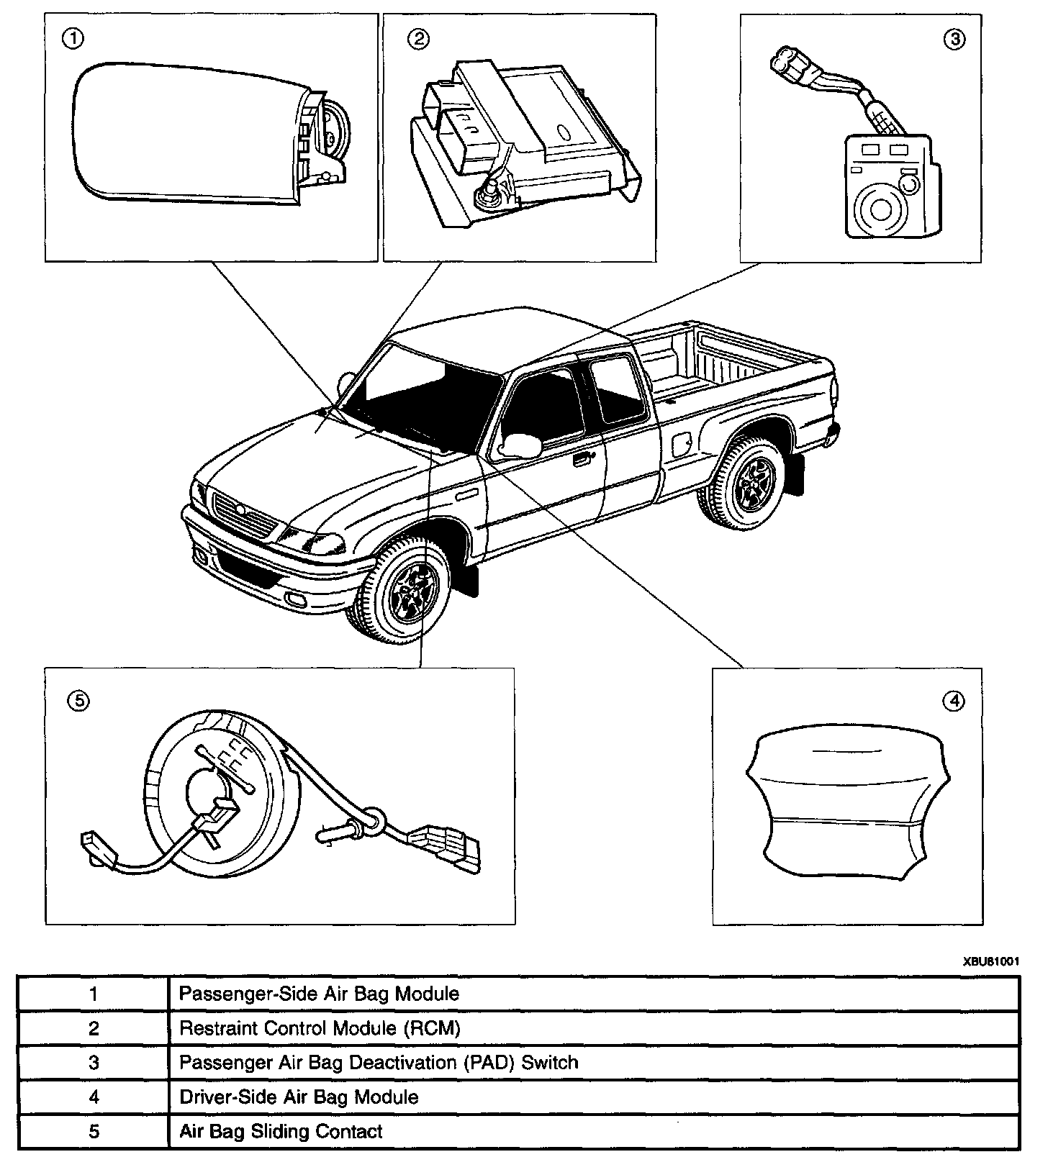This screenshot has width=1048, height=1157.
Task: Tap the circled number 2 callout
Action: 417,40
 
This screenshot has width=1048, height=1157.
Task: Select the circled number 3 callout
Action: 954,40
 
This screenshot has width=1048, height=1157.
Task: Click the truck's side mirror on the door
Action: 523,445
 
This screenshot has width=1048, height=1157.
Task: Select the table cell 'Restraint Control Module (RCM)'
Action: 319,1028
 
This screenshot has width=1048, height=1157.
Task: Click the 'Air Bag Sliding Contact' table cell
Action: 281,1131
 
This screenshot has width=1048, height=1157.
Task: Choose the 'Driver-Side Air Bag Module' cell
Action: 298,1097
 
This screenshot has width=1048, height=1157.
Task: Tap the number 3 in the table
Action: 94,1063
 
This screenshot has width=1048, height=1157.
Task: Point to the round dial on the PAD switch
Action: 881,209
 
